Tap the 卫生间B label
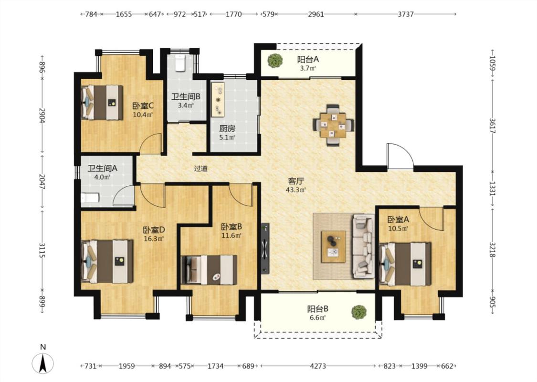coord(186,97)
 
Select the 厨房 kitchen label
coord(227,129)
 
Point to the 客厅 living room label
coord(296,181)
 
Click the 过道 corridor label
coord(200,169)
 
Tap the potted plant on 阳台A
coord(275,61)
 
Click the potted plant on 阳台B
coord(358,312)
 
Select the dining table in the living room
coord(334,125)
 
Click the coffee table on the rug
coord(333,247)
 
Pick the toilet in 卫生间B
coord(180,63)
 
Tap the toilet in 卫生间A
coord(90,198)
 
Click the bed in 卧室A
coord(405,264)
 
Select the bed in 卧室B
coord(209,270)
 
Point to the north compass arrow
coord(43,363)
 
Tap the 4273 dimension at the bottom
coord(318,366)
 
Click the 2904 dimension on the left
coord(42,116)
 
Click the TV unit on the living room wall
coord(265,248)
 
